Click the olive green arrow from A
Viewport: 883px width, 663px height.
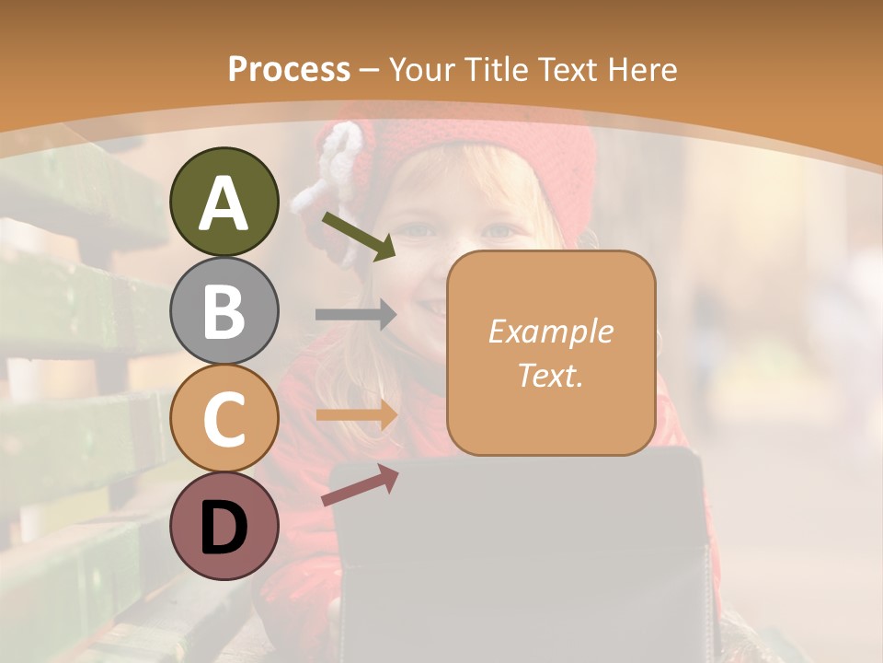coord(359,235)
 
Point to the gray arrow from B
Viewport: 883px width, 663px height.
coord(356,315)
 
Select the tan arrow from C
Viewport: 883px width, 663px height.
coord(357,415)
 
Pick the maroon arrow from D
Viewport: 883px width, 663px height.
coord(360,484)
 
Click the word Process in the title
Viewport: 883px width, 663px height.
coord(289,69)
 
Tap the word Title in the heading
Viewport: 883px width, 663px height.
coord(497,69)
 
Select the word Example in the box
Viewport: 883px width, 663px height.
coord(550,331)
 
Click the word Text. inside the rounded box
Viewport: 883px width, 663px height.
coord(550,375)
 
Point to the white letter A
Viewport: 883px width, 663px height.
coord(224,204)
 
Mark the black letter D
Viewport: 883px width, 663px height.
coord(224,528)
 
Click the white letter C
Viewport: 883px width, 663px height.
coord(224,420)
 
